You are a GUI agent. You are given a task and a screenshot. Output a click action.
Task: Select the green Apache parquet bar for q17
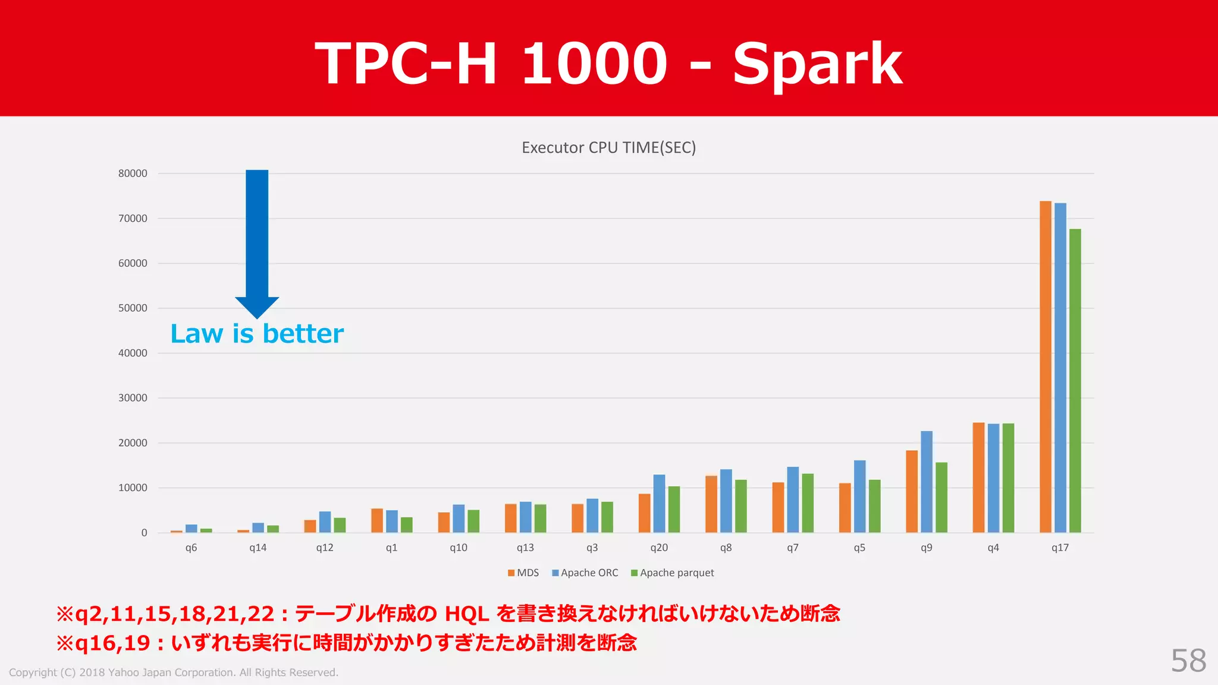[1075, 381]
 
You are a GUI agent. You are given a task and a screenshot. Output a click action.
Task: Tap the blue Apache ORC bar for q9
[927, 482]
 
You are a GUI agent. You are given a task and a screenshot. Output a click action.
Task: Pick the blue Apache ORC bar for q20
[659, 504]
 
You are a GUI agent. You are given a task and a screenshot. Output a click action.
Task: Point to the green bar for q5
[874, 506]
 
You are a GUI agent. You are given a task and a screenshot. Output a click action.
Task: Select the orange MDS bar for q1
[377, 520]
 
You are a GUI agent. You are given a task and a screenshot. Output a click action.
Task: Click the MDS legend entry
[523, 573]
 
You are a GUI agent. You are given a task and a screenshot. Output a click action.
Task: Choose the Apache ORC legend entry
[585, 573]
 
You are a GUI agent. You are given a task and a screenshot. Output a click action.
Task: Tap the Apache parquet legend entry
[673, 573]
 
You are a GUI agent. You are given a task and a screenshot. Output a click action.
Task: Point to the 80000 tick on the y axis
[133, 174]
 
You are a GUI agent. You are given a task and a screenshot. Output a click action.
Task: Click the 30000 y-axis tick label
[133, 398]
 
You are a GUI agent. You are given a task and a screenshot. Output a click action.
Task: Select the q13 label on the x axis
[525, 548]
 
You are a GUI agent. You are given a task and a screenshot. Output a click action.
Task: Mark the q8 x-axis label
[726, 548]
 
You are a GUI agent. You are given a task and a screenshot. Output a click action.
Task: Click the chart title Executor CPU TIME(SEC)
[608, 147]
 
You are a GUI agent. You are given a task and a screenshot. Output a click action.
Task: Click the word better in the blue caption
[303, 334]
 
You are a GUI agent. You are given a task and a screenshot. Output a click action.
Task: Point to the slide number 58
[1188, 661]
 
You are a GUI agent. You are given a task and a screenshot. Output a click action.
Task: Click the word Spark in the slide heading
[817, 64]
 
